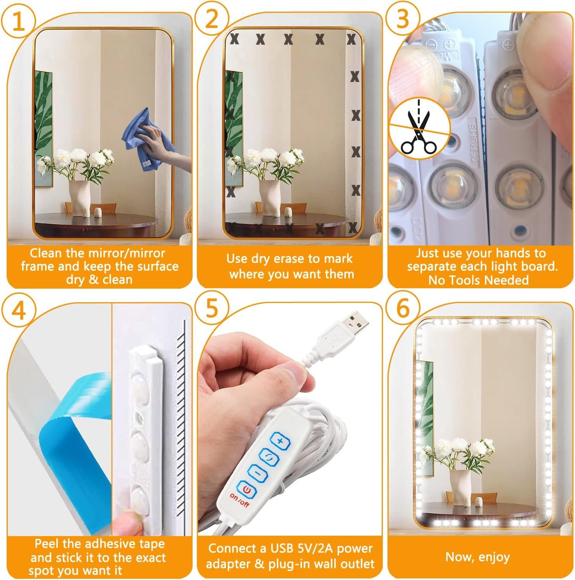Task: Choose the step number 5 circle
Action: point(212,310)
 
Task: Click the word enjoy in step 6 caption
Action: point(494,557)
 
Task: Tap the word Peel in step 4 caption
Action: point(48,543)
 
